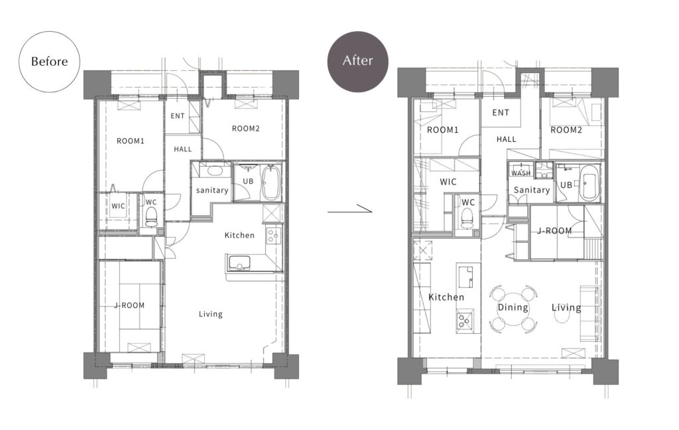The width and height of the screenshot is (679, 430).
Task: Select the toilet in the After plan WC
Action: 466,218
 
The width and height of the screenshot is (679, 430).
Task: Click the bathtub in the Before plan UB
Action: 271,182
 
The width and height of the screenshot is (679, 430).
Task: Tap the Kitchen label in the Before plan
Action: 239,236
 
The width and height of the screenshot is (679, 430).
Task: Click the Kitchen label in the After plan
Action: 446,297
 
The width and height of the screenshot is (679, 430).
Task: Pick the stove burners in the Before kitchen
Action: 273,235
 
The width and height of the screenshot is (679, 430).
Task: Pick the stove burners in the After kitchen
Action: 465,321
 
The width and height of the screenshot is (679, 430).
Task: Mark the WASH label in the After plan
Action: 521,173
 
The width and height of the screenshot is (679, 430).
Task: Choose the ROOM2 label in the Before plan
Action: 245,128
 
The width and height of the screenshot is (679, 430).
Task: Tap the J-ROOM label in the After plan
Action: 554,231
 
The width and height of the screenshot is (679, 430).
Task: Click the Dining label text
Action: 513,307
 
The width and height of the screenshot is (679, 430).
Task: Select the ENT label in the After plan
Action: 501,113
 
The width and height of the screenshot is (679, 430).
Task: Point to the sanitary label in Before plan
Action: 212,190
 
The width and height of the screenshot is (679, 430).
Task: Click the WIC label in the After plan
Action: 448,182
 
